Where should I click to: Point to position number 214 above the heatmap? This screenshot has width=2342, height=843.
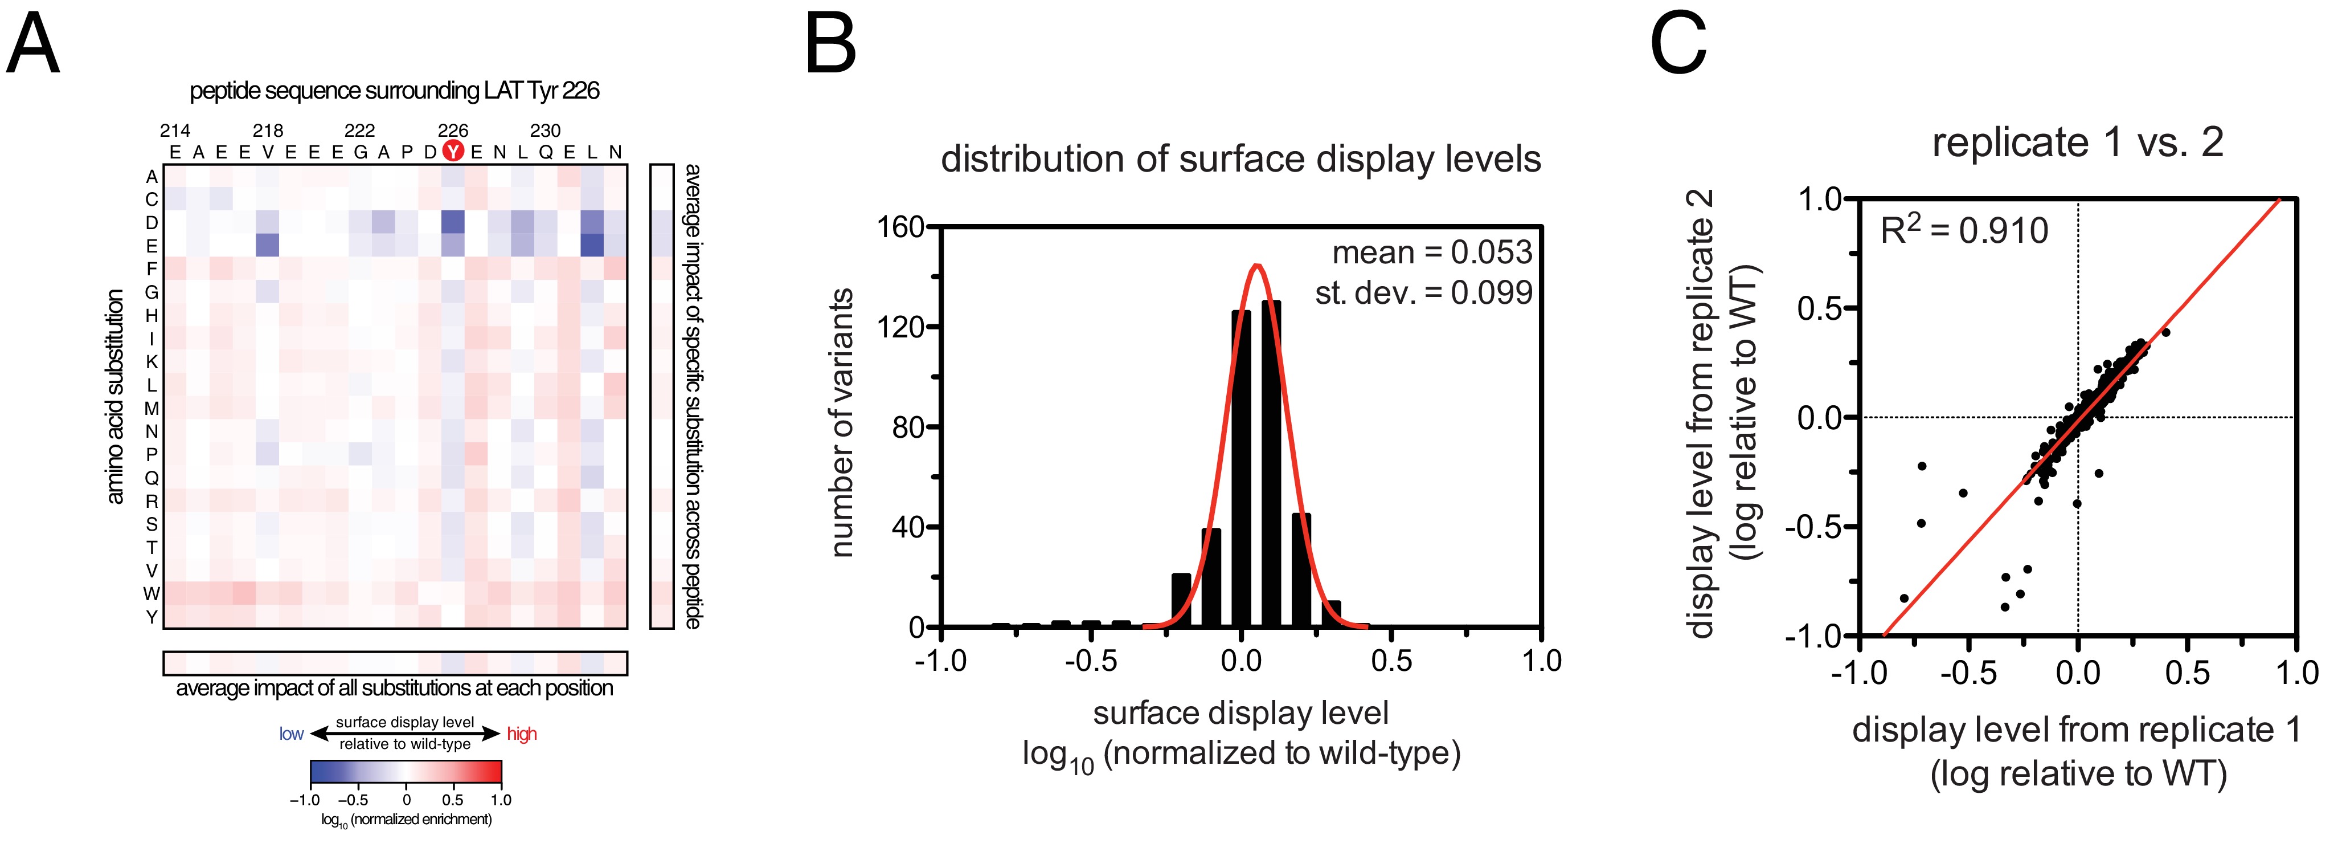pyautogui.click(x=174, y=131)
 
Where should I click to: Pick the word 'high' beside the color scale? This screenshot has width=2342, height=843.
pyautogui.click(x=522, y=734)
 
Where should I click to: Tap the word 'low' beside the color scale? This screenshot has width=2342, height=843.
pyautogui.click(x=291, y=734)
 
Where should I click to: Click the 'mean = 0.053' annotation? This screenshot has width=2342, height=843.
pyautogui.click(x=1432, y=252)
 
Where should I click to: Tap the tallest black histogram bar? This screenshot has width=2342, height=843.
pyautogui.click(x=1271, y=464)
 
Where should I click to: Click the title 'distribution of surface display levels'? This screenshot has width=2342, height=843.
pyautogui.click(x=1240, y=159)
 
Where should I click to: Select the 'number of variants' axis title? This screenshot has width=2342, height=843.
pyautogui.click(x=842, y=423)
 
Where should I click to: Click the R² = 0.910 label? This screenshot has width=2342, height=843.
pyautogui.click(x=1964, y=231)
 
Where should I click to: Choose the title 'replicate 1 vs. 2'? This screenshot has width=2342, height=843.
pyautogui.click(x=2077, y=142)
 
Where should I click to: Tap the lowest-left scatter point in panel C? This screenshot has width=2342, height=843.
pyautogui.click(x=1904, y=598)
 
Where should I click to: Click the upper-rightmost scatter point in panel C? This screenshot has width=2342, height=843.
pyautogui.click(x=2165, y=332)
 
